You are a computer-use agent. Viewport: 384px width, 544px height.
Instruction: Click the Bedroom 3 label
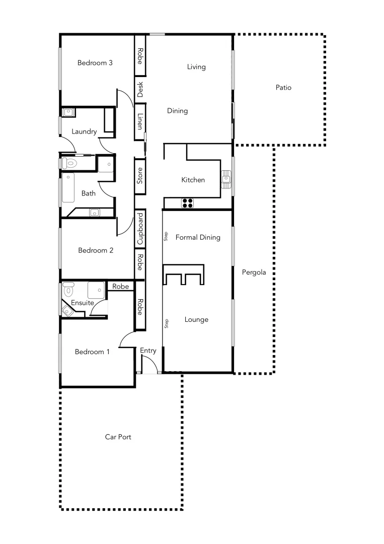(95, 63)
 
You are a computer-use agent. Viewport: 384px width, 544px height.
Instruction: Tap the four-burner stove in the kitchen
(188, 203)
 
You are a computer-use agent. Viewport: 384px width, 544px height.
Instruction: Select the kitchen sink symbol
(227, 178)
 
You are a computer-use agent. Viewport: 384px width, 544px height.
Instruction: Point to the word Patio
(283, 88)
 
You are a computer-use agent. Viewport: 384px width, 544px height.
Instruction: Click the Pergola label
(254, 272)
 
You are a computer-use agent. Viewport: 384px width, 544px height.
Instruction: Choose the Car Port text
(118, 437)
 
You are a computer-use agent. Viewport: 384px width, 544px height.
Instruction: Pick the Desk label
(140, 90)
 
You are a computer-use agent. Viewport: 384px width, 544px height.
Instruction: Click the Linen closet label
(140, 121)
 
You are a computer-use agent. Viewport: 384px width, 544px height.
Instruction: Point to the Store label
(140, 176)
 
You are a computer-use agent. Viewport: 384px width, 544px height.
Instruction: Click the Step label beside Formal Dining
(166, 237)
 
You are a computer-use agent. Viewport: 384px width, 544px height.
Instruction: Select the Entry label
(148, 351)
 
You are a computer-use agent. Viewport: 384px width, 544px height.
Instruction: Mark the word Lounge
(196, 320)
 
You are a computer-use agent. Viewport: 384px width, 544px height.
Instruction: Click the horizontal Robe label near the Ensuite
(120, 287)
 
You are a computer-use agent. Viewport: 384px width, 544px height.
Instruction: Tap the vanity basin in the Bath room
(94, 213)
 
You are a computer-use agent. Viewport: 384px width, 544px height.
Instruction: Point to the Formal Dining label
(198, 237)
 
